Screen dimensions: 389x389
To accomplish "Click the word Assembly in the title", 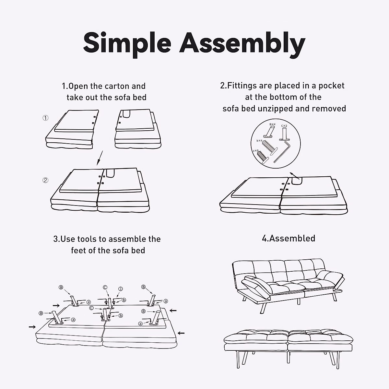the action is (x=242, y=43).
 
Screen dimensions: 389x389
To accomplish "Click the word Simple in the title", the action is (x=127, y=43).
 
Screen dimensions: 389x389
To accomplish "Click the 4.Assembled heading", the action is (x=289, y=239).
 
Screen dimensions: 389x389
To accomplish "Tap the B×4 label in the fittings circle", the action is (x=272, y=124).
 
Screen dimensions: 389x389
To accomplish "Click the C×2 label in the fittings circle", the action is (x=284, y=126).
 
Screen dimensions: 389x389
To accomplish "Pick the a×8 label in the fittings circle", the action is (x=255, y=151).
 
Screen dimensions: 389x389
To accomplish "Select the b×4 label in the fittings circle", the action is (x=259, y=141).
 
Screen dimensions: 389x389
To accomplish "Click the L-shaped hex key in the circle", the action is (x=282, y=151).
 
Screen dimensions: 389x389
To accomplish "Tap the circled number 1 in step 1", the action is (x=46, y=118).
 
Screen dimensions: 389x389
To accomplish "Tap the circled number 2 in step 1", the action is (x=46, y=180).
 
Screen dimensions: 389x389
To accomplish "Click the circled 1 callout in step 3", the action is (x=120, y=289).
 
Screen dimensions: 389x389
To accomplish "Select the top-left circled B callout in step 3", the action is (x=61, y=287).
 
